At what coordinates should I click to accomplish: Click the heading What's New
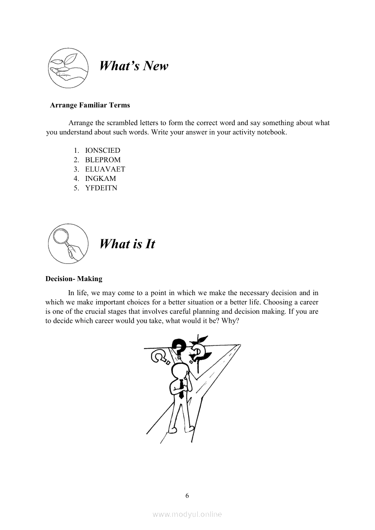[x=133, y=66]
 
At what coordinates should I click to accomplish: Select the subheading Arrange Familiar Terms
[x=90, y=105]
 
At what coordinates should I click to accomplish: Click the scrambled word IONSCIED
[x=103, y=150]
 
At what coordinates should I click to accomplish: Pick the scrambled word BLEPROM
[x=103, y=160]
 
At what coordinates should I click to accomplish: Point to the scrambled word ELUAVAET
[x=105, y=169]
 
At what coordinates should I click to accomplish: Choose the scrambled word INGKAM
[x=101, y=179]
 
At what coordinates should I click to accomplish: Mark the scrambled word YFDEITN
[x=101, y=188]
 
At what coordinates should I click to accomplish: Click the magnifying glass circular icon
[x=68, y=243]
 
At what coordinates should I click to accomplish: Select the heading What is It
[x=127, y=244]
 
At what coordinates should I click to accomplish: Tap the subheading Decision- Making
[x=74, y=279]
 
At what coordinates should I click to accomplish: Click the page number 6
[x=187, y=495]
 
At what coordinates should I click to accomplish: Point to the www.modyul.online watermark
[x=187, y=514]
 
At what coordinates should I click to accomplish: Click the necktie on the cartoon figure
[x=181, y=389]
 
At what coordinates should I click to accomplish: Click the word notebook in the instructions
[x=272, y=133]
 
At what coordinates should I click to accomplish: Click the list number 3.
[x=76, y=169]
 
